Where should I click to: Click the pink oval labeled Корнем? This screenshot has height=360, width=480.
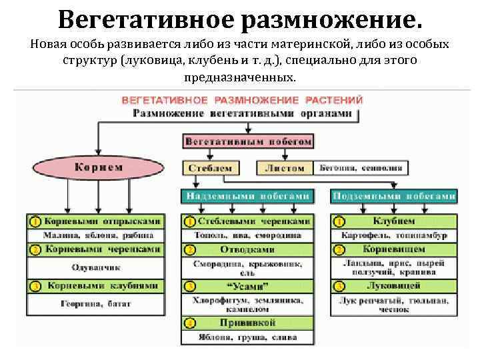point(99,167)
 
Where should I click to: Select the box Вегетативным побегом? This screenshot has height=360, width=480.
point(248,142)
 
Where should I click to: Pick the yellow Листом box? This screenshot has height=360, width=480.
point(284,169)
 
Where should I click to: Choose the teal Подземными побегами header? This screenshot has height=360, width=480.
point(393,196)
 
